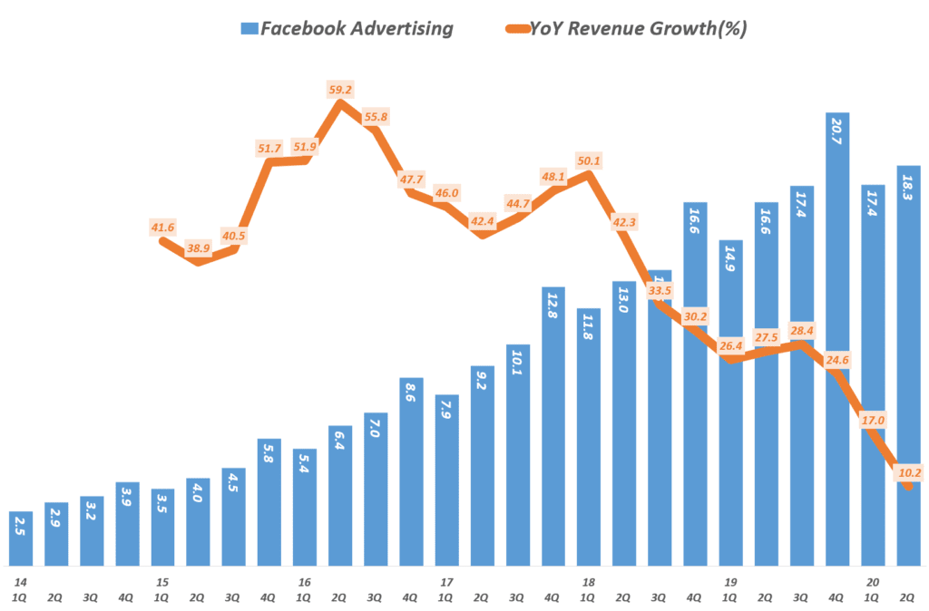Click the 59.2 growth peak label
pos(341,90)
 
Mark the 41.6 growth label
pos(163,227)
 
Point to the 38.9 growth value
pos(199,247)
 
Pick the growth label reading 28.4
pos(801,328)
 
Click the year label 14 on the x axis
pos(20,582)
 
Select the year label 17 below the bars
pos(446,582)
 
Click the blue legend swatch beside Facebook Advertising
pos(249,28)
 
